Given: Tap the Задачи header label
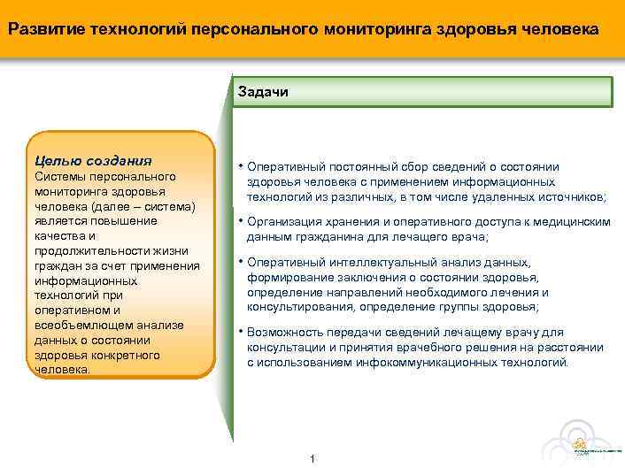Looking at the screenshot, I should pos(263,92).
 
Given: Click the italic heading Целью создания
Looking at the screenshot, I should pos(93,161).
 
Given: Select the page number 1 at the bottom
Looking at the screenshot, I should pos(312,457).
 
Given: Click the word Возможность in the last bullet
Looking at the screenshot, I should pos(286,332).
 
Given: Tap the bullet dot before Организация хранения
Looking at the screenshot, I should pos(240,221).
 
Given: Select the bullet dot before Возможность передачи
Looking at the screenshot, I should pos(240,331).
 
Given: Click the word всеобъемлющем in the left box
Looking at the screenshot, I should pos(79,326).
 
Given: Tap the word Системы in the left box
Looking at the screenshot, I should pos(58,177).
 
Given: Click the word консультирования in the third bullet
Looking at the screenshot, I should pos(297,307).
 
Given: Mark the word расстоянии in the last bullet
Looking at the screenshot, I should pos(574,348).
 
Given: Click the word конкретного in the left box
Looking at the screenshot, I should pos(126,356).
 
